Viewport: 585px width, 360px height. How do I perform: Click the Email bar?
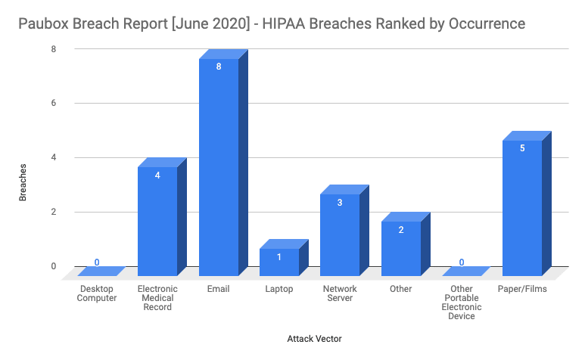click(219, 166)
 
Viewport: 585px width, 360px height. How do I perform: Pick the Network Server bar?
click(340, 234)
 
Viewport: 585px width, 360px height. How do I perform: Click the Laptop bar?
click(279, 262)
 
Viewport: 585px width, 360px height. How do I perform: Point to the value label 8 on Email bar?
click(219, 67)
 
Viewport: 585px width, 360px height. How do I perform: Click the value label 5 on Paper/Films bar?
click(522, 148)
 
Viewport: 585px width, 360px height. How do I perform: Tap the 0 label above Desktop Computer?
click(97, 262)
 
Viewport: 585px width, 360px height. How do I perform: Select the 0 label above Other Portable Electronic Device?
click(462, 262)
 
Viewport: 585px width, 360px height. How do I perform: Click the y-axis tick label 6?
click(53, 103)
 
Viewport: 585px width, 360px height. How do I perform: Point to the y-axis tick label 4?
click(53, 157)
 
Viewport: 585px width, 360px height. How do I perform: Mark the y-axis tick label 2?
click(53, 212)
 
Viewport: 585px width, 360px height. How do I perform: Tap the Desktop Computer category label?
click(97, 293)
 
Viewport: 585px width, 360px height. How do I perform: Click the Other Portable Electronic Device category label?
click(462, 303)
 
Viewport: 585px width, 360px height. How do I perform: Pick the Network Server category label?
click(340, 293)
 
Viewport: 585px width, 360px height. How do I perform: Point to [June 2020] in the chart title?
click(213, 24)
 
